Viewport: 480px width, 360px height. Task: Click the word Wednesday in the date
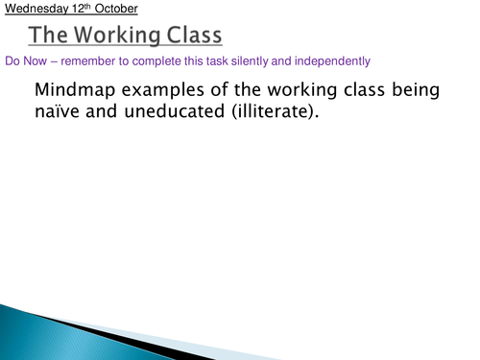click(30, 10)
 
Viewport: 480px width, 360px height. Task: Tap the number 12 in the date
click(67, 10)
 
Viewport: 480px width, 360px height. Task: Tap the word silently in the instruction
click(244, 61)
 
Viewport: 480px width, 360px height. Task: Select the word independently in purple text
click(324, 61)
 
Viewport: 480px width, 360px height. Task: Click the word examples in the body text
click(163, 91)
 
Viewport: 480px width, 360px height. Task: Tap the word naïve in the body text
click(61, 113)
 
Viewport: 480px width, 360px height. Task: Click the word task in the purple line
click(208, 61)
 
